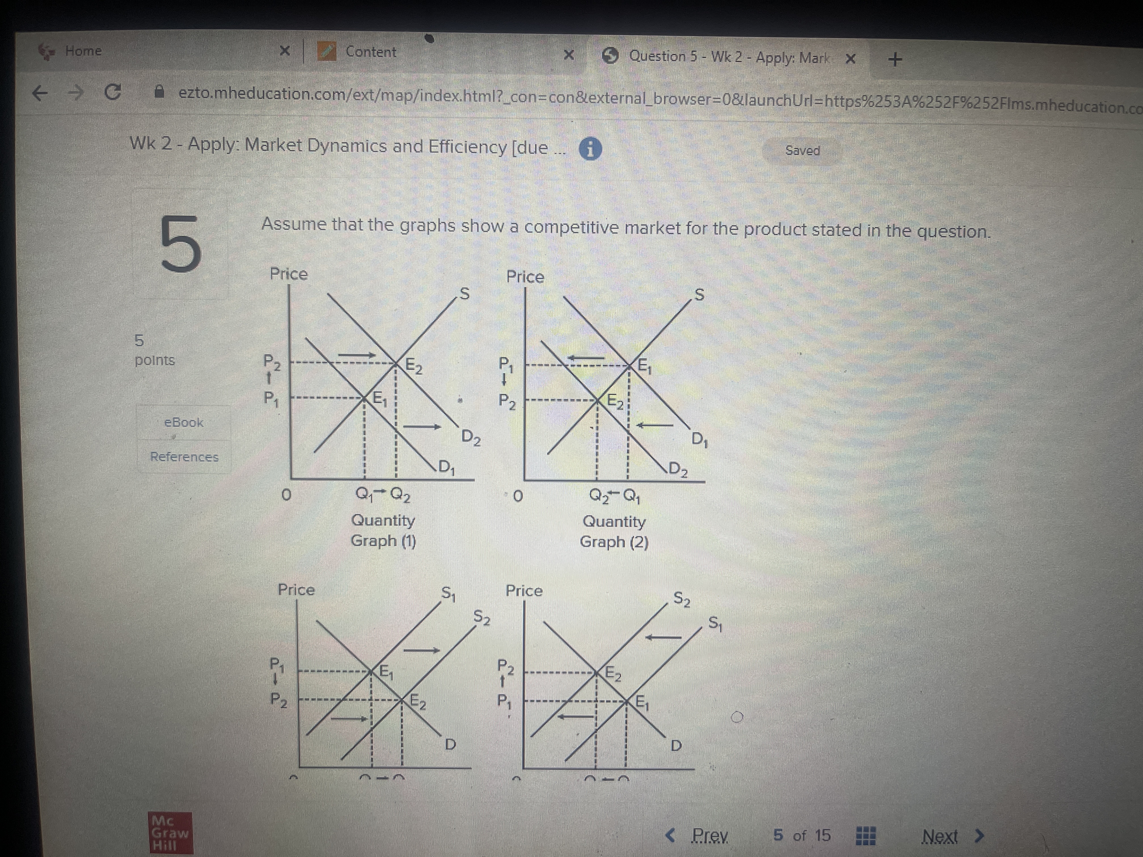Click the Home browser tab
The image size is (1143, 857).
point(83,51)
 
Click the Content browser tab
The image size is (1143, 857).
point(371,52)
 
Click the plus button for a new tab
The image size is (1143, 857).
point(895,60)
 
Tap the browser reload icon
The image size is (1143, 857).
point(113,93)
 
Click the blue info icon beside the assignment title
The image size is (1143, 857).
point(590,149)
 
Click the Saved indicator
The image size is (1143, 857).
point(802,151)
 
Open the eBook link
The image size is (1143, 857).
point(183,423)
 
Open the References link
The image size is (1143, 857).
point(184,457)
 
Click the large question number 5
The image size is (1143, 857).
point(180,244)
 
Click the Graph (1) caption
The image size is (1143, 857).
point(383,541)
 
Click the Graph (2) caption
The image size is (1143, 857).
point(614,542)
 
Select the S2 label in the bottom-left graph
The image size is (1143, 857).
point(482,617)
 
